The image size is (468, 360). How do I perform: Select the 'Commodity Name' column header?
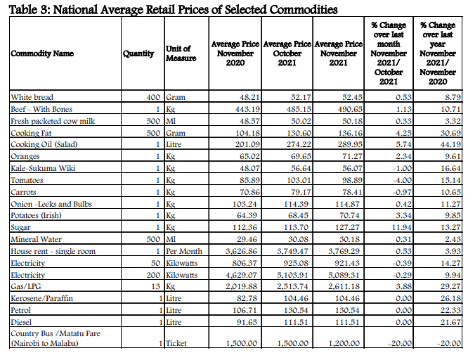point(42,53)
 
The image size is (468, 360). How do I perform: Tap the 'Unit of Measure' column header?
point(181,53)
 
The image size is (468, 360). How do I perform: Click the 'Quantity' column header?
point(138,53)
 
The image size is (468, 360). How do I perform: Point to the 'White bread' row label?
point(32,98)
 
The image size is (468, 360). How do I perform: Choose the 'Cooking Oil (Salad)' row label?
point(44,145)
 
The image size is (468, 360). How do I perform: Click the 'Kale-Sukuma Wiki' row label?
point(43,168)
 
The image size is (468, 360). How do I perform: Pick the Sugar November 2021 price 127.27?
point(346,227)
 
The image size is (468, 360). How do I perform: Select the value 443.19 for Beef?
point(247,110)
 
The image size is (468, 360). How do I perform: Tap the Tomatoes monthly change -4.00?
point(402,180)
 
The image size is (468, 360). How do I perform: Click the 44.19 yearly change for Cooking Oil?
point(450,145)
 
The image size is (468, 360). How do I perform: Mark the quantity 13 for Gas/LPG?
point(155,286)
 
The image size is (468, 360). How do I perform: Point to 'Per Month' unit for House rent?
point(184,251)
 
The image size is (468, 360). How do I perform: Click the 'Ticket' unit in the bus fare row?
point(176,344)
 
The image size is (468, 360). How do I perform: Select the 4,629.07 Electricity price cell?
point(241,275)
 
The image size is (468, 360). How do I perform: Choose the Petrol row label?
point(20,310)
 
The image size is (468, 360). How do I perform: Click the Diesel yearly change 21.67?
point(450,322)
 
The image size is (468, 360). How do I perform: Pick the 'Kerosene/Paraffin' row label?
point(41,298)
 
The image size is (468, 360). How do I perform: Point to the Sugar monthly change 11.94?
point(401,227)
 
